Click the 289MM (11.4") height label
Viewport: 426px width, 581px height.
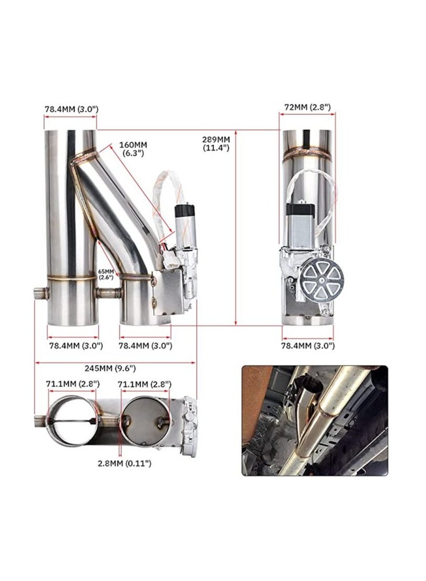click(216, 143)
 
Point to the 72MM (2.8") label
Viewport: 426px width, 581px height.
click(307, 107)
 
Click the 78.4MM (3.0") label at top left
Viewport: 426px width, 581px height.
click(71, 109)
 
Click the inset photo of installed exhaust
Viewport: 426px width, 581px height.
click(314, 420)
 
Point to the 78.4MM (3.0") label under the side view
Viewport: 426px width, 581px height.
click(308, 345)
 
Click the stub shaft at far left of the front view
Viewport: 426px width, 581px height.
click(40, 292)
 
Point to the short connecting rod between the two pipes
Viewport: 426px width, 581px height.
click(109, 292)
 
